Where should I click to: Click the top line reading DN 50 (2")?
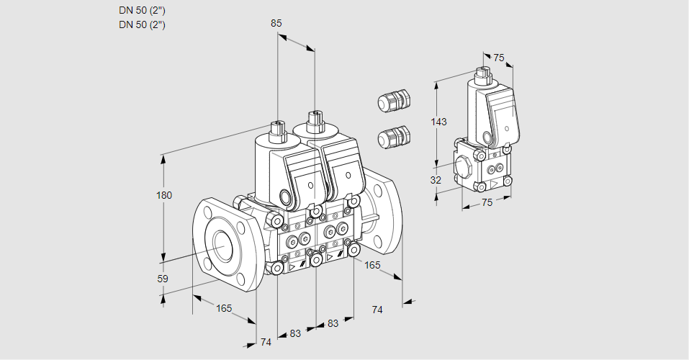(x=142, y=11)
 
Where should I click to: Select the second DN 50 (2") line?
(x=142, y=24)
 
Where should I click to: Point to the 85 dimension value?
(x=276, y=23)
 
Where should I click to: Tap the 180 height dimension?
(x=165, y=196)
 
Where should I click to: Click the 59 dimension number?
(x=163, y=279)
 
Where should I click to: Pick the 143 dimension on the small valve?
(x=438, y=122)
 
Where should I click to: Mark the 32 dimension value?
(x=436, y=180)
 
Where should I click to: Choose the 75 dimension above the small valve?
(x=499, y=58)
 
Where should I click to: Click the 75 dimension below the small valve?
(x=487, y=202)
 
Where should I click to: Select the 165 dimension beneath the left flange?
(x=224, y=308)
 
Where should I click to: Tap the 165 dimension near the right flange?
(x=372, y=265)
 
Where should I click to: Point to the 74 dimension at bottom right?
(x=377, y=310)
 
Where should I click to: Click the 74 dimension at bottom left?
(x=266, y=342)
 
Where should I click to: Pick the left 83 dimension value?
(x=295, y=333)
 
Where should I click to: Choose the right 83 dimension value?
(x=333, y=323)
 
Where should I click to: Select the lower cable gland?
(x=393, y=135)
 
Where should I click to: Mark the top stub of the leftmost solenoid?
(x=276, y=130)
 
